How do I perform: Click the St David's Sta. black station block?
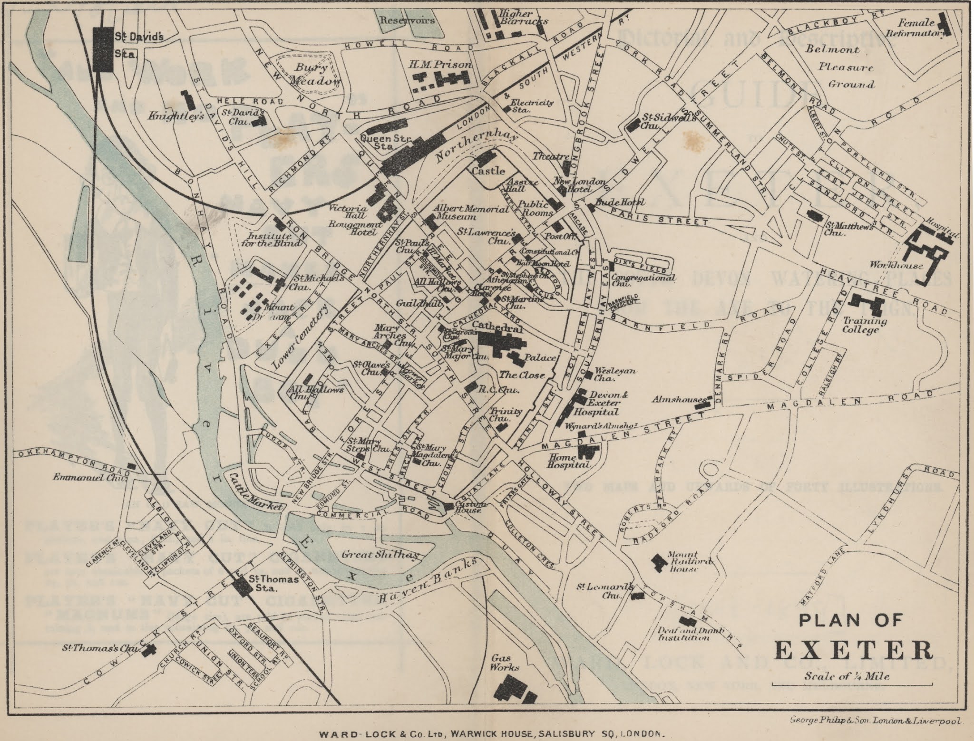[104, 49]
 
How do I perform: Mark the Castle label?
[488, 171]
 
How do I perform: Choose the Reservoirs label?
[407, 20]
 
